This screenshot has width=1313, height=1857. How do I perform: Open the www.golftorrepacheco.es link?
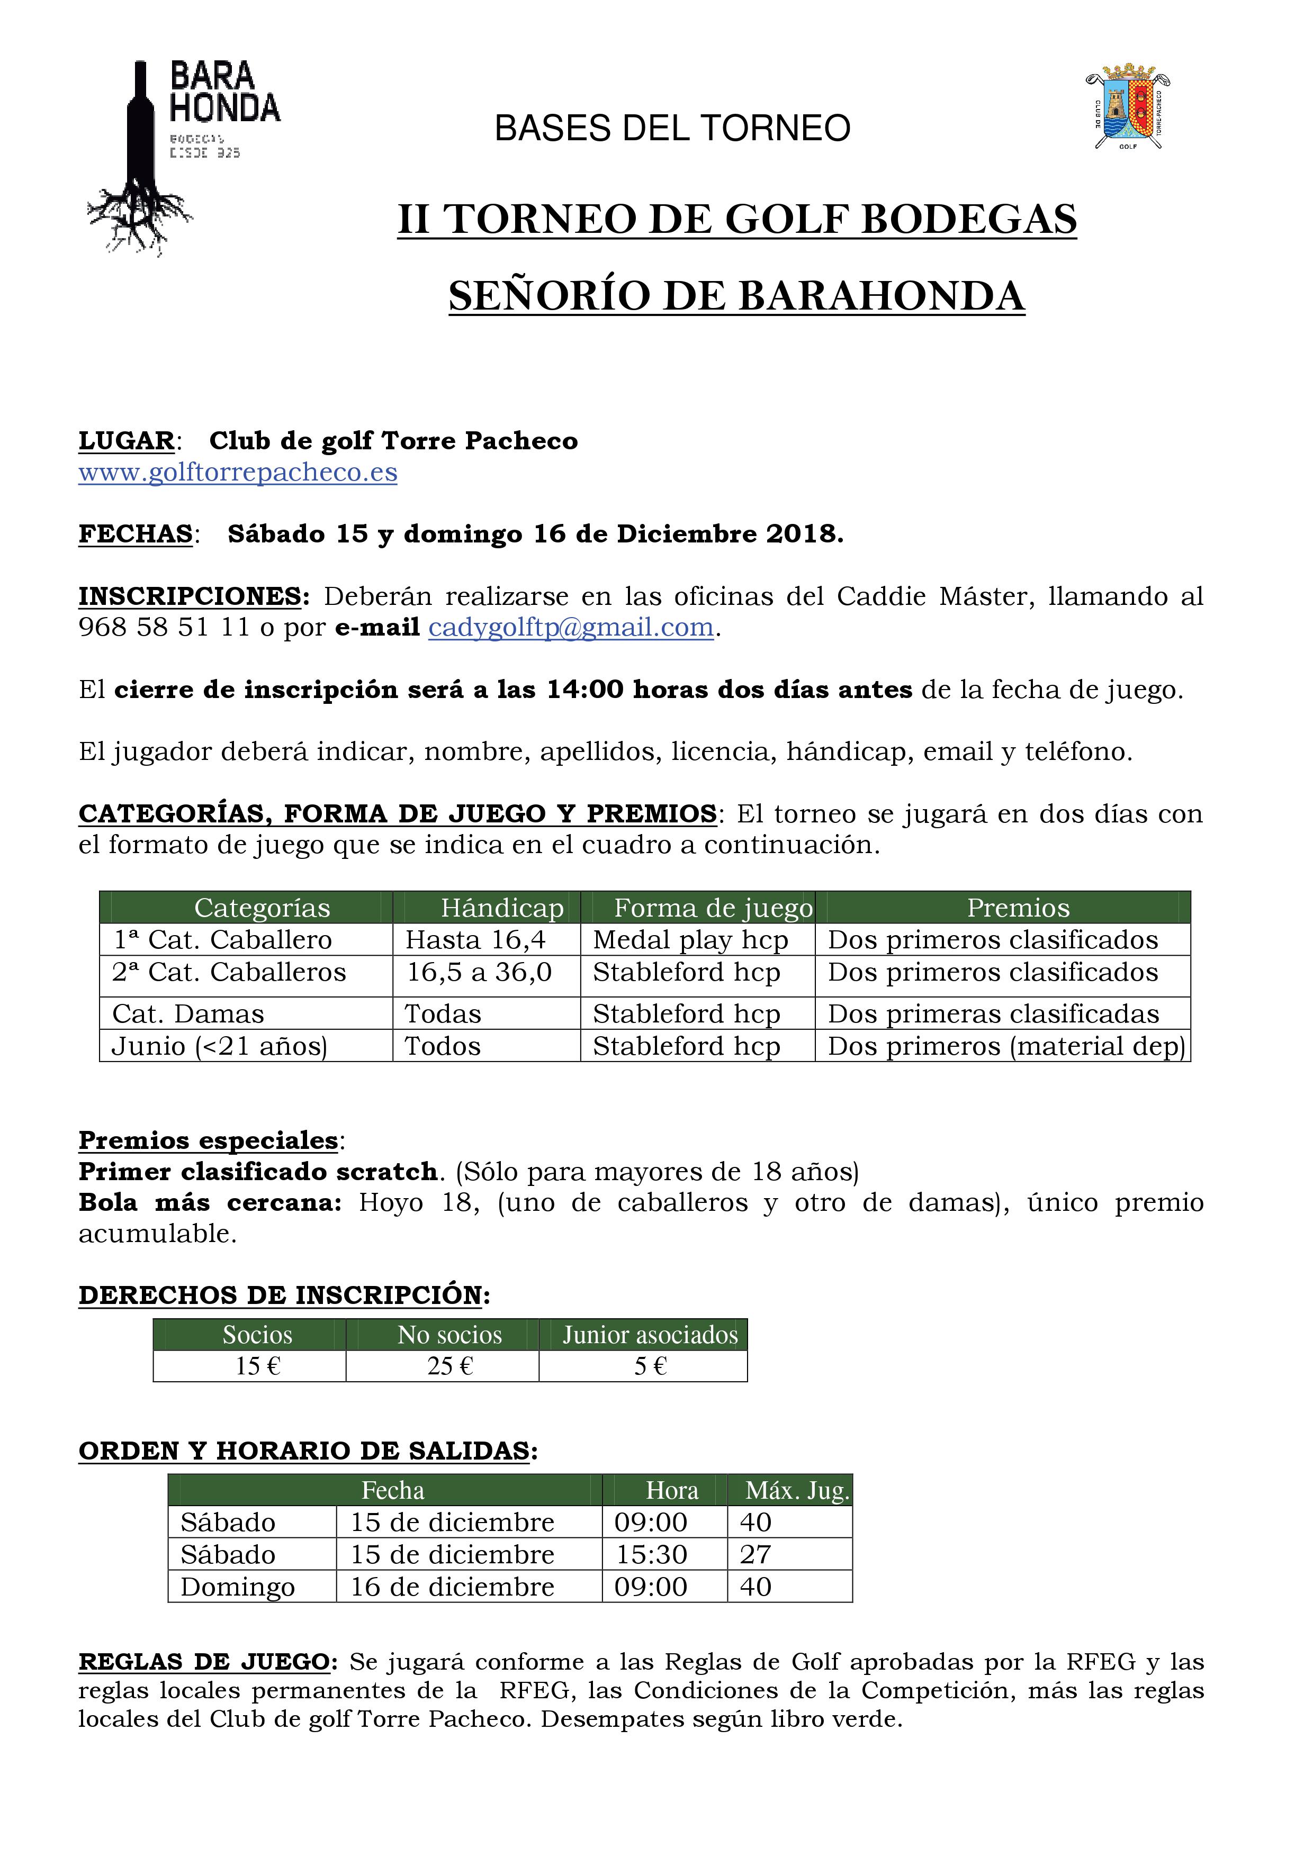pos(238,473)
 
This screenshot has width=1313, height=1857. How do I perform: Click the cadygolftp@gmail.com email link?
pos(570,628)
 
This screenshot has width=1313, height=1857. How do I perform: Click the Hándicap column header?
pos(501,908)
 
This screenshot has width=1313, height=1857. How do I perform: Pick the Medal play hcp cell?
pos(690,940)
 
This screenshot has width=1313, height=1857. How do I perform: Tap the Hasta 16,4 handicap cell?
pos(475,940)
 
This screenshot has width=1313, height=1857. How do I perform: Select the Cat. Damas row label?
pos(188,1014)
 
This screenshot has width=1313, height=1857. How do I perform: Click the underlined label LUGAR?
pos(126,441)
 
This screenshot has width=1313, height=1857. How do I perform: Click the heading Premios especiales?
pos(208,1140)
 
